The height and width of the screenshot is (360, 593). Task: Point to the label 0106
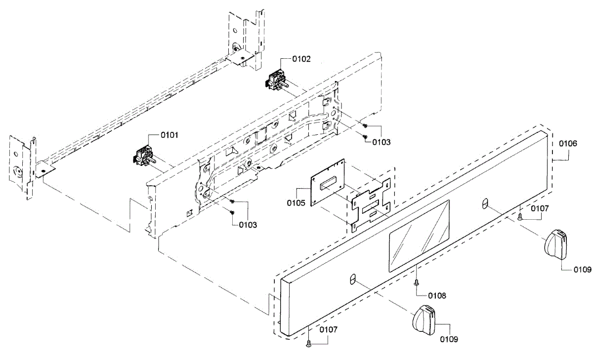(568, 143)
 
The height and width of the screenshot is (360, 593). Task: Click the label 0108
(437, 296)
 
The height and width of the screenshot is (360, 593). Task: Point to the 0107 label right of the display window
(540, 209)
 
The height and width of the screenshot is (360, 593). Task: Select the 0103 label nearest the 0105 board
(248, 225)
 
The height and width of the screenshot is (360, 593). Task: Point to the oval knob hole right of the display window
(485, 203)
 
